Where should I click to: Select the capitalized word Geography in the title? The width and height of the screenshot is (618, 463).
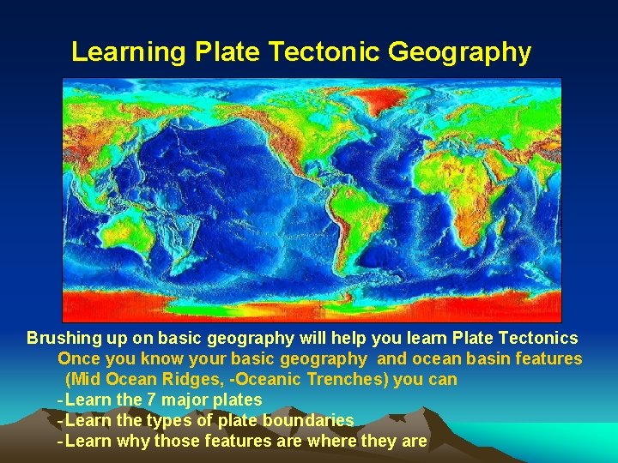[x=459, y=52]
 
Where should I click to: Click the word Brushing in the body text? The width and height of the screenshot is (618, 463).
[x=61, y=338]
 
